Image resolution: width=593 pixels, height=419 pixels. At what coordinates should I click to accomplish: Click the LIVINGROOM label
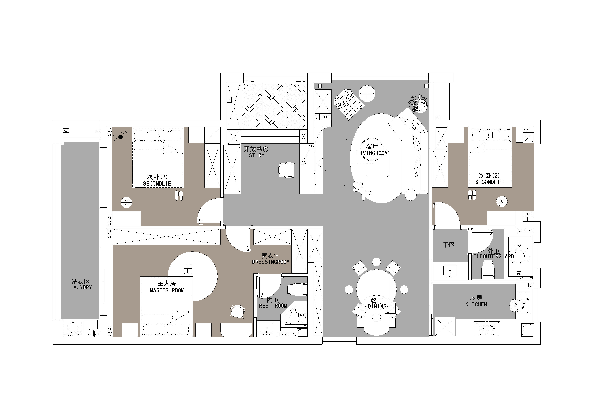click(x=372, y=153)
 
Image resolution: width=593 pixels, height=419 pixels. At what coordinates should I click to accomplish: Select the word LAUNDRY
click(x=81, y=287)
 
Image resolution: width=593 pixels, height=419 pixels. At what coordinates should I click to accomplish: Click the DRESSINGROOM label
click(x=271, y=262)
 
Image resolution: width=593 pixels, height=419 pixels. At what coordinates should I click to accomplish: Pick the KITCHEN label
click(x=476, y=304)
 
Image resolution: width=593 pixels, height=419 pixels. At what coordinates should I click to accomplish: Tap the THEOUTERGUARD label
click(x=494, y=256)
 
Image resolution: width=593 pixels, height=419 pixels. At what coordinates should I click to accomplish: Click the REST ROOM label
click(x=273, y=306)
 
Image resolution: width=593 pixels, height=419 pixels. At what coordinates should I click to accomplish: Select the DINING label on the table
click(x=377, y=307)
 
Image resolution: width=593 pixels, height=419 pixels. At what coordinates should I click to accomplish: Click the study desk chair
click(x=287, y=170)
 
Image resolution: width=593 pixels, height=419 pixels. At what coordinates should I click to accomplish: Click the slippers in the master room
click(x=188, y=269)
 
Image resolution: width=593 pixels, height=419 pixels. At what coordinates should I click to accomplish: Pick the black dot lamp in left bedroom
click(x=120, y=137)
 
